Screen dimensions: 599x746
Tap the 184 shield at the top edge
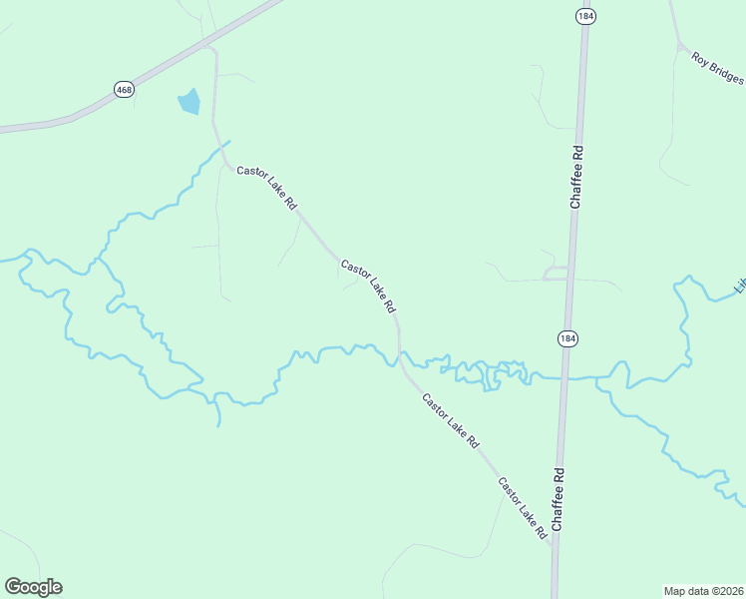point(584,16)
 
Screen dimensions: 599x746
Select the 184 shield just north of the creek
point(566,338)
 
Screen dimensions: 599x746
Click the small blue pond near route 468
point(188,102)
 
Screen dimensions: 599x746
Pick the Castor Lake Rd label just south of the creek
point(450,419)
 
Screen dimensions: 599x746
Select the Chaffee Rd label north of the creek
point(575,177)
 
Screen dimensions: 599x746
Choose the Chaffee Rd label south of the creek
point(559,499)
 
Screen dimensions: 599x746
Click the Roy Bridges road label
point(717,68)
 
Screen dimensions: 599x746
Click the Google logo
point(33,587)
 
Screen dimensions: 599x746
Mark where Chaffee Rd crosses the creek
point(563,378)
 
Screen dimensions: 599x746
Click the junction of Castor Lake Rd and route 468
point(206,46)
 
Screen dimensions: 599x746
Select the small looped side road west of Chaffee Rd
point(555,273)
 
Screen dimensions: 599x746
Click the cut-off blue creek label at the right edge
point(740,286)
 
